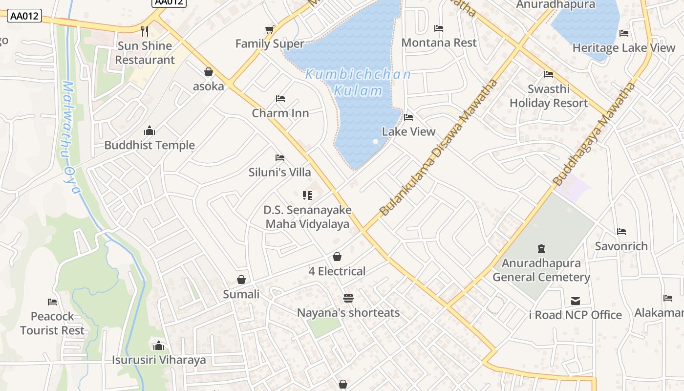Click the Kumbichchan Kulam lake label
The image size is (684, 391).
[x=358, y=83]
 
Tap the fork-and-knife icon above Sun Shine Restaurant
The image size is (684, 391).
[x=145, y=31]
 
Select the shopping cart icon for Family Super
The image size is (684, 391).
[x=269, y=30]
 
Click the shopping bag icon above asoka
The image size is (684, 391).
[x=209, y=72]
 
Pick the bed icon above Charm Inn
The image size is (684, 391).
[x=280, y=99]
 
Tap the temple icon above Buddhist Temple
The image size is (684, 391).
[x=150, y=130]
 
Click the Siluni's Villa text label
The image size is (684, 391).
[x=279, y=172]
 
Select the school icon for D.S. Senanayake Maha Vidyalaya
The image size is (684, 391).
[x=307, y=195]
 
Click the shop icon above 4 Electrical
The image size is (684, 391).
[x=337, y=257]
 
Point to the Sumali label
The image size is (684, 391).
[x=241, y=294]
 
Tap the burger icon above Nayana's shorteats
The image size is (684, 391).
[x=348, y=298]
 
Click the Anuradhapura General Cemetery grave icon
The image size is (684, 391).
[x=541, y=249]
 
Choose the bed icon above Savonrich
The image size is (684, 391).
[x=621, y=232]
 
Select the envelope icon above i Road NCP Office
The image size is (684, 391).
[x=576, y=301]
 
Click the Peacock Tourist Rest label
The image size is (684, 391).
[x=52, y=323]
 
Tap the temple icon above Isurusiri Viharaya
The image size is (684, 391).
[x=158, y=346]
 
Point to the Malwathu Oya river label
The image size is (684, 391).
[x=70, y=137]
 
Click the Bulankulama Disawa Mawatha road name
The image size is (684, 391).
[x=438, y=148]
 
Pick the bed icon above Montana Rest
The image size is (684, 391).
[x=439, y=28]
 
